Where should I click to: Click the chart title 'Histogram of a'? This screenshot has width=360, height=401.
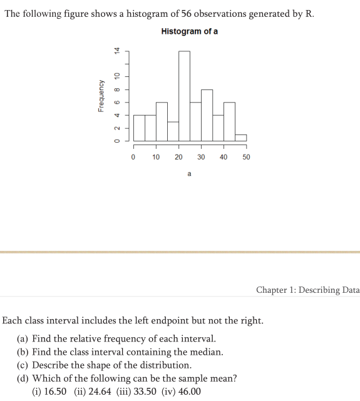point(189,31)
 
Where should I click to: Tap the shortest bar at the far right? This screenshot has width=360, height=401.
point(240,138)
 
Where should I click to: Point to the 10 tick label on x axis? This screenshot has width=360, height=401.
point(156,157)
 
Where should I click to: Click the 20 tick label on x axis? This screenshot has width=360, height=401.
point(178,157)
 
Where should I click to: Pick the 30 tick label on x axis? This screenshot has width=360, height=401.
point(201,157)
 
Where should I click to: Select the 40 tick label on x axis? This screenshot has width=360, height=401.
point(224,157)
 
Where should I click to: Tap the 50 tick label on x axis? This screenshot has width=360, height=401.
point(246,157)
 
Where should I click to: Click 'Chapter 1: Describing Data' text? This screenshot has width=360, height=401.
point(307,290)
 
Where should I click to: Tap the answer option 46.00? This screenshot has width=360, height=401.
point(188,392)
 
